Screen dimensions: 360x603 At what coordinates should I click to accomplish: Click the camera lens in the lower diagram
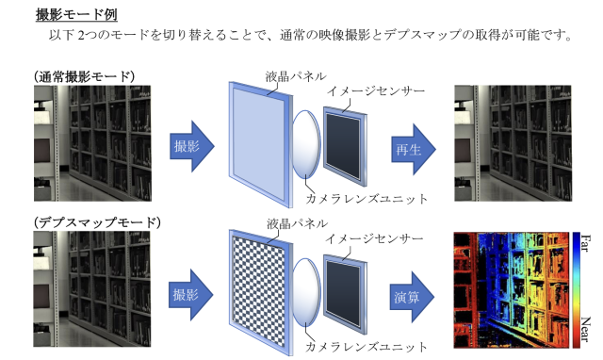[307, 291]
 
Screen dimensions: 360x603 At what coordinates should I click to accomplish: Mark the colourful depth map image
[511, 290]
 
